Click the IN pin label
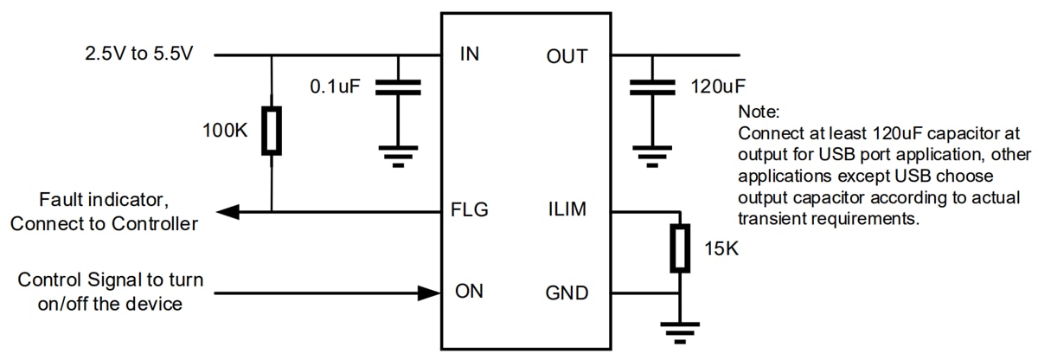click(470, 56)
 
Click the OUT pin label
click(567, 56)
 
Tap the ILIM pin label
click(568, 210)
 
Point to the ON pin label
click(469, 292)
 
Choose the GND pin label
click(567, 292)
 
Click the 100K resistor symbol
click(272, 132)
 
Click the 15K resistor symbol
click(681, 249)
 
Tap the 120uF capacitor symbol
click(651, 87)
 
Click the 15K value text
click(721, 250)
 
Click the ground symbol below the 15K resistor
click(681, 331)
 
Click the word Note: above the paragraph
click(759, 112)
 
